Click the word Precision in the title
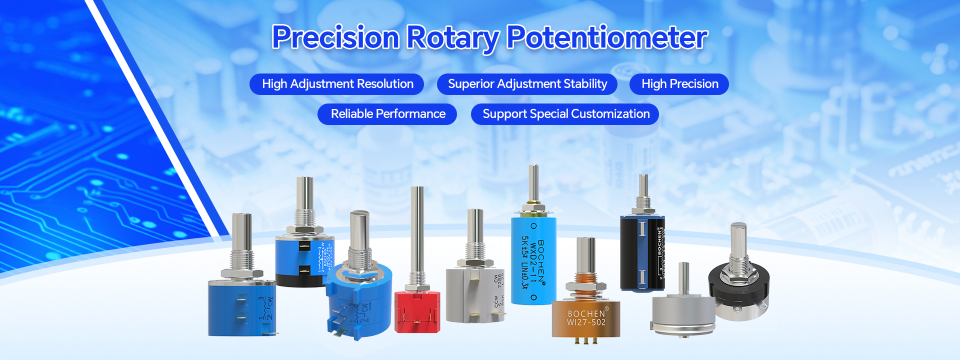tap(335, 37)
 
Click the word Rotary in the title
tap(452, 37)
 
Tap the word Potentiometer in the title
tap(607, 37)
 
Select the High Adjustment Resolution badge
tap(337, 84)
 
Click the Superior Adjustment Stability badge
tap(527, 84)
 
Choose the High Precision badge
tap(679, 84)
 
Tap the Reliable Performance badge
tap(387, 114)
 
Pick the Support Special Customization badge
tap(565, 114)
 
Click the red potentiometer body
tap(417, 312)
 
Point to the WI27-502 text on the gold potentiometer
tap(586, 322)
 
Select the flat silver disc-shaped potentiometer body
tap(683, 312)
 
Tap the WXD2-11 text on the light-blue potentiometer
tap(534, 260)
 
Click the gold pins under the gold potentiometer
tap(586, 341)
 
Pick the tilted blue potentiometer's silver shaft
tap(359, 232)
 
